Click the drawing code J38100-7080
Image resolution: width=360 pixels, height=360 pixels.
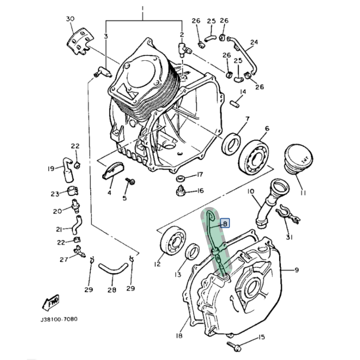tap(59, 319)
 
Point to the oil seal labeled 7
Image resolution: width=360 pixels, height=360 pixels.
tap(231, 144)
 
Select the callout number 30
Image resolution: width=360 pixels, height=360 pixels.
tap(70, 19)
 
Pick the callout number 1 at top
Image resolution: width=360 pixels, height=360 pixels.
tap(143, 8)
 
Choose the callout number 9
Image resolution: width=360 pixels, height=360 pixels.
tap(296, 270)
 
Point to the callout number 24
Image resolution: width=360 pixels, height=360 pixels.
tap(254, 42)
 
